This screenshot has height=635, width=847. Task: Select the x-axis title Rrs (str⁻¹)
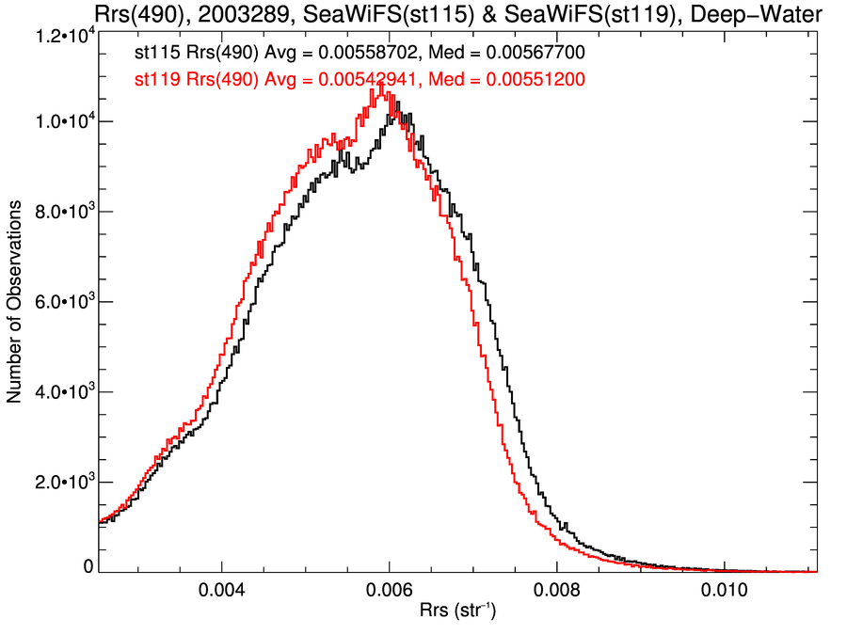tap(456, 612)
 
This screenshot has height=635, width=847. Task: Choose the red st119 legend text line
tap(360, 80)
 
